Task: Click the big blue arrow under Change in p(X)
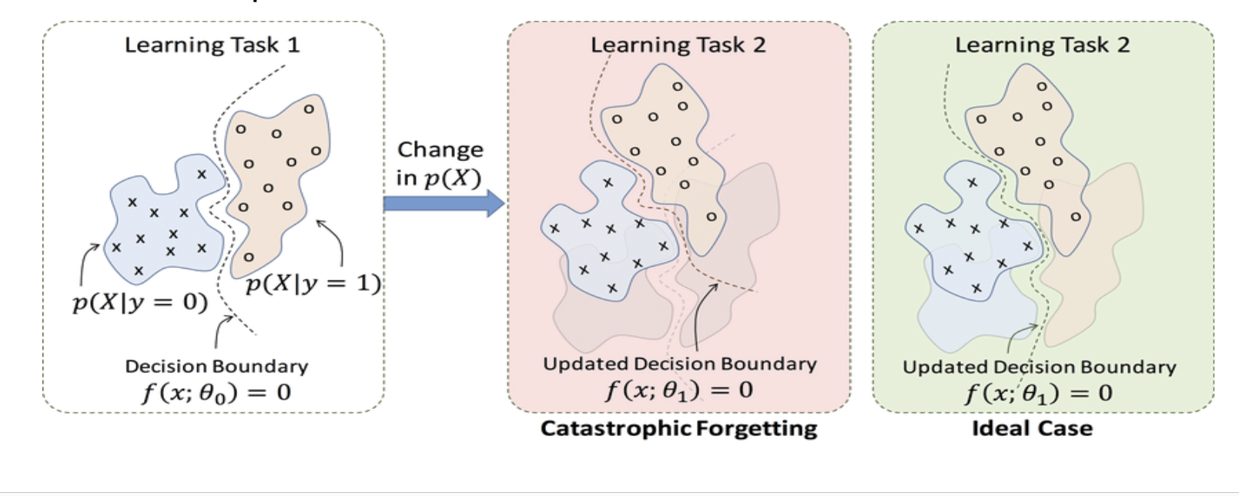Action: [x=444, y=203]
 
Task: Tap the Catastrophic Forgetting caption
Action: [x=678, y=428]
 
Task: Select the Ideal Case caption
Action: [x=1032, y=428]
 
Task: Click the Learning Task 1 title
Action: [x=213, y=45]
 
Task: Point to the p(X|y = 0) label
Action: [x=140, y=302]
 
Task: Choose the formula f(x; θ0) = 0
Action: [x=216, y=393]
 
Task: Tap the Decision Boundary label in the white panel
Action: [x=216, y=366]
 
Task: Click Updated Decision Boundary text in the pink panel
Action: [x=679, y=364]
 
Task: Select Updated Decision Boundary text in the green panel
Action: [x=1039, y=367]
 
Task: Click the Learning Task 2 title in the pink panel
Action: [x=678, y=45]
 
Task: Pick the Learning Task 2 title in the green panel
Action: [x=1043, y=45]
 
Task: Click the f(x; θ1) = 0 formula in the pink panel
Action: [x=678, y=390]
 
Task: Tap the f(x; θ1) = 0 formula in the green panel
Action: [x=1039, y=394]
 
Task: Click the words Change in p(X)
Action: [x=440, y=163]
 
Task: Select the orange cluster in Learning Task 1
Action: [x=273, y=169]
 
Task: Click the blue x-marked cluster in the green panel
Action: [x=970, y=231]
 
